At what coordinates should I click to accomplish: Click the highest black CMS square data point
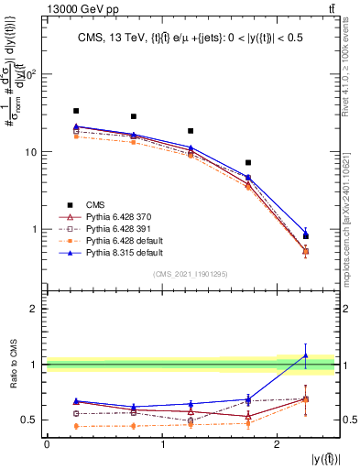pyautogui.click(x=76, y=111)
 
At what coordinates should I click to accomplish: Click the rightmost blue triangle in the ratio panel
pyautogui.click(x=305, y=355)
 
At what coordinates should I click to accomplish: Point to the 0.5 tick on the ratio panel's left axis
pyautogui.click(x=31, y=420)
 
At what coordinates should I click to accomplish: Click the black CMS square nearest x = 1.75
pyautogui.click(x=248, y=162)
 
